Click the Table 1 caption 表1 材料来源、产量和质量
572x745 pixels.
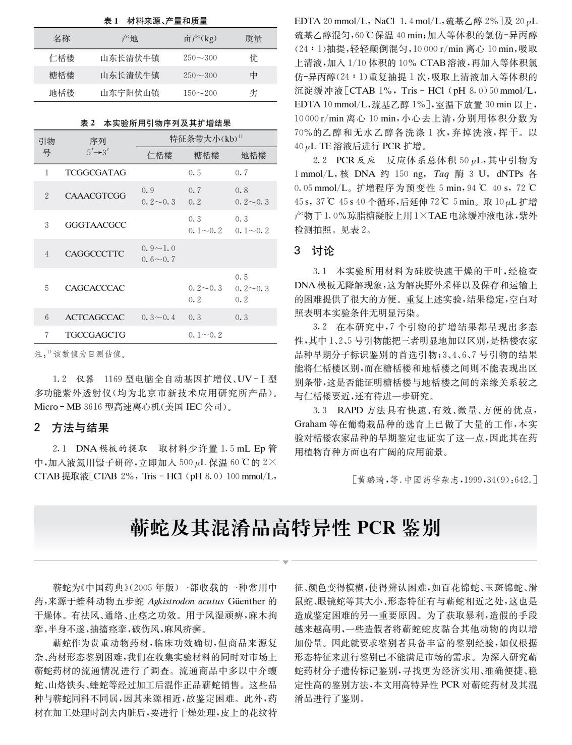pyautogui.click(x=155, y=21)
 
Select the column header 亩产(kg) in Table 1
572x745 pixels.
pyautogui.click(x=200, y=39)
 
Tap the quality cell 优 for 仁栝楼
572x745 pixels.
pyautogui.click(x=254, y=58)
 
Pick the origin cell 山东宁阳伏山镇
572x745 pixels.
pyautogui.click(x=130, y=93)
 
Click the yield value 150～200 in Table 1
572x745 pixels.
pyautogui.click(x=200, y=93)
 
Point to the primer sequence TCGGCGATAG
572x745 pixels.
pyautogui.click(x=95, y=172)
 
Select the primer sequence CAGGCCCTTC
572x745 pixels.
pyautogui.click(x=94, y=253)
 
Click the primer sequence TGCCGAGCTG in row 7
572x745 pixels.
pyautogui.click(x=95, y=335)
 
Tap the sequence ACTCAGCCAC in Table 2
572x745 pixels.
pyautogui.click(x=94, y=317)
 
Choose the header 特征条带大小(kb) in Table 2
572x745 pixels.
pyautogui.click(x=206, y=139)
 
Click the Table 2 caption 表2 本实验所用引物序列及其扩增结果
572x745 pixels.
pyautogui.click(x=155, y=123)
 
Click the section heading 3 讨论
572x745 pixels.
pyautogui.click(x=314, y=251)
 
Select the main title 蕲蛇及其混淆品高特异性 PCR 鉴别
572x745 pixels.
pyautogui.click(x=285, y=528)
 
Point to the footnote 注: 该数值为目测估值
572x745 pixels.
pyautogui.click(x=80, y=354)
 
